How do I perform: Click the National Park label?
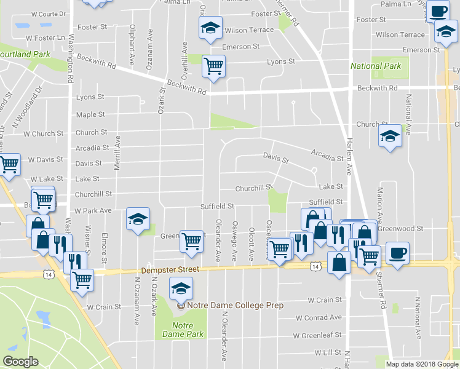[x=375, y=66]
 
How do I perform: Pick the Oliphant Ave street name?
[x=133, y=49]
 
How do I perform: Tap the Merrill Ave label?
[x=117, y=154]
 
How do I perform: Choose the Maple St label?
[x=90, y=114]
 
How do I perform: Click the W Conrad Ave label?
[x=318, y=317]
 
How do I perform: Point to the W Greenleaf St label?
[x=317, y=336]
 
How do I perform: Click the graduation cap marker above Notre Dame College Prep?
[x=181, y=287]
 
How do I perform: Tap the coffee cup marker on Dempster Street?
[x=397, y=252]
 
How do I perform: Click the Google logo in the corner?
[x=20, y=362]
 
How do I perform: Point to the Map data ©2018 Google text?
[x=421, y=364]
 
